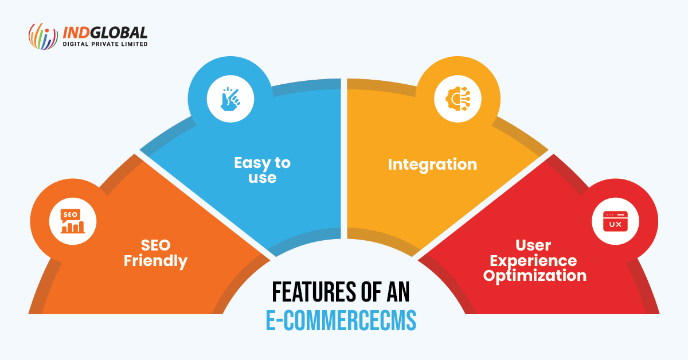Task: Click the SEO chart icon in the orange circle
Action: point(72,221)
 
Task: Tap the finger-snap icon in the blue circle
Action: point(230,99)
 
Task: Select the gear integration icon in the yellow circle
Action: point(458,99)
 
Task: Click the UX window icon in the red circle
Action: point(615,221)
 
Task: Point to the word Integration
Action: point(432,165)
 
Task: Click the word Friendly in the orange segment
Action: point(155,261)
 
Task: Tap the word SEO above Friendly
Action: point(155,245)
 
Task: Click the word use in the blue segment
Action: point(263,178)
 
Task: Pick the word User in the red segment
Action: point(533,245)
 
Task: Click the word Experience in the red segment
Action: point(533,261)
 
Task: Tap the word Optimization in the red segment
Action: point(535,276)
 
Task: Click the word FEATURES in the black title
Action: point(314,292)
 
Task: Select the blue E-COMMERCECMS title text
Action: point(341,320)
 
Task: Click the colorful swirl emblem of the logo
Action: point(43,36)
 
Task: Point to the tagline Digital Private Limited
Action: point(105,44)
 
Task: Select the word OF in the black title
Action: point(372,292)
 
